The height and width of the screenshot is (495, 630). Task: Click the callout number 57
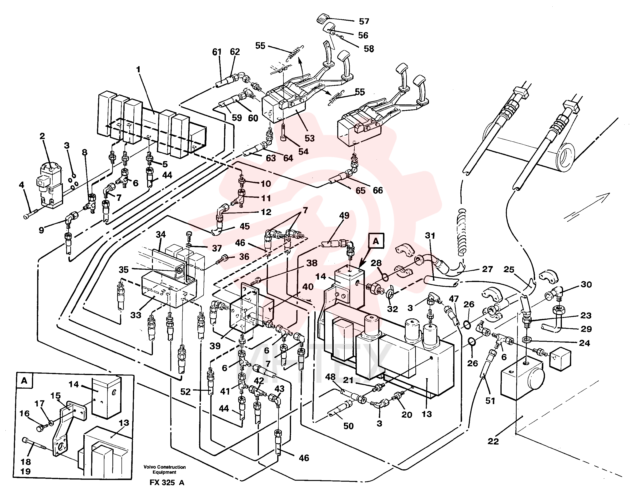(x=364, y=21)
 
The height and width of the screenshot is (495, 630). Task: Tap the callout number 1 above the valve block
(x=138, y=69)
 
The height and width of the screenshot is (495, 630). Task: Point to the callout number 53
(x=309, y=138)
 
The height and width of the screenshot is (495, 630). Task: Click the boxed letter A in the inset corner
(x=24, y=381)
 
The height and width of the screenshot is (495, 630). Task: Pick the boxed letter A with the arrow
(x=376, y=241)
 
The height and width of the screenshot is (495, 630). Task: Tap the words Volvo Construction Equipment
(x=164, y=470)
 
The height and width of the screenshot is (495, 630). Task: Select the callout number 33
(x=136, y=315)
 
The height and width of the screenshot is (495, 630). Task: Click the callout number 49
(x=344, y=216)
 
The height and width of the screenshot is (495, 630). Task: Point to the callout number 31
(x=430, y=236)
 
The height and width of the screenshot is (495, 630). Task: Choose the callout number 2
(x=42, y=136)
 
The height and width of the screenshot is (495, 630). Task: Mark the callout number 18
(x=25, y=462)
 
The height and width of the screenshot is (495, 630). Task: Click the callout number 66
(x=378, y=190)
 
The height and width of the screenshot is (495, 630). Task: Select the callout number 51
(x=490, y=401)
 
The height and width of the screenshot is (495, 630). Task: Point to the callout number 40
(x=308, y=287)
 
